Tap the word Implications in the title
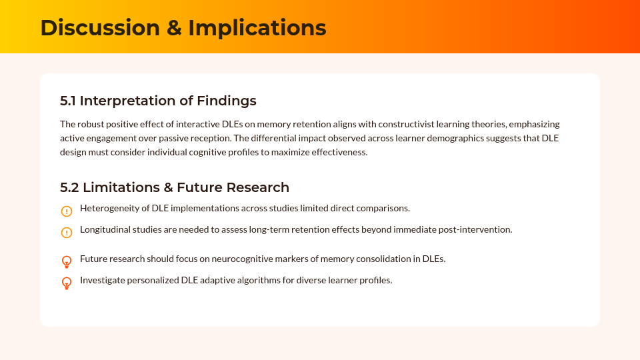pyautogui.click(x=257, y=28)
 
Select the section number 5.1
pyautogui.click(x=68, y=101)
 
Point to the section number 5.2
pyautogui.click(x=69, y=187)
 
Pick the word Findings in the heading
pyautogui.click(x=227, y=101)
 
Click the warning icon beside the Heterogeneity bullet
pyautogui.click(x=67, y=211)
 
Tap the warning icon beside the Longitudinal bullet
pyautogui.click(x=67, y=233)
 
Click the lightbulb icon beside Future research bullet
pyautogui.click(x=67, y=261)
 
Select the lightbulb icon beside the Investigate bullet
pyautogui.click(x=67, y=283)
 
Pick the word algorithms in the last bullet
pyautogui.click(x=257, y=280)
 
